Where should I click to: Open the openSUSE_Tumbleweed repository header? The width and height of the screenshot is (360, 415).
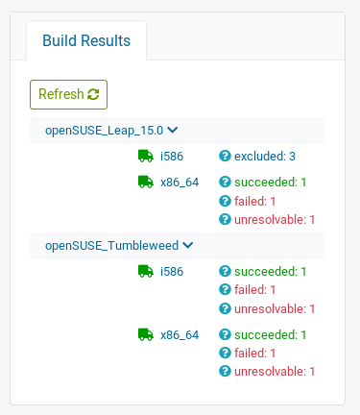pos(119,245)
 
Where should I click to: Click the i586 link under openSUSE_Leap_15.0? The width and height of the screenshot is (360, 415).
pos(172,156)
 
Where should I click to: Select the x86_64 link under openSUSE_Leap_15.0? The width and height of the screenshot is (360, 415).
pos(180,182)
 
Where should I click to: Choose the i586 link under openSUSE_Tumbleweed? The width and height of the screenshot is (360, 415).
pos(172,271)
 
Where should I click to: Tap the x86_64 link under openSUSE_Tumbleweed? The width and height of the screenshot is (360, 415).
pos(180,334)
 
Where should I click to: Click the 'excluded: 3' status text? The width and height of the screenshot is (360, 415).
pos(265,156)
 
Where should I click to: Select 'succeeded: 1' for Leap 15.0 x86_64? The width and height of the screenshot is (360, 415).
pos(271,182)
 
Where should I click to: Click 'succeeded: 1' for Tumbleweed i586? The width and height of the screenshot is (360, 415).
pos(271,271)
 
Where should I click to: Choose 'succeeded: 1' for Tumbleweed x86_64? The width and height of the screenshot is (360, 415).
pos(271,334)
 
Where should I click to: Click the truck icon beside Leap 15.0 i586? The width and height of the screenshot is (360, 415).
pos(146,156)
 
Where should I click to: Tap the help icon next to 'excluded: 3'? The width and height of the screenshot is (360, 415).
pos(226,156)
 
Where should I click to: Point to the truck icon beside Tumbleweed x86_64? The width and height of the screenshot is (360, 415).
pos(146,334)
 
